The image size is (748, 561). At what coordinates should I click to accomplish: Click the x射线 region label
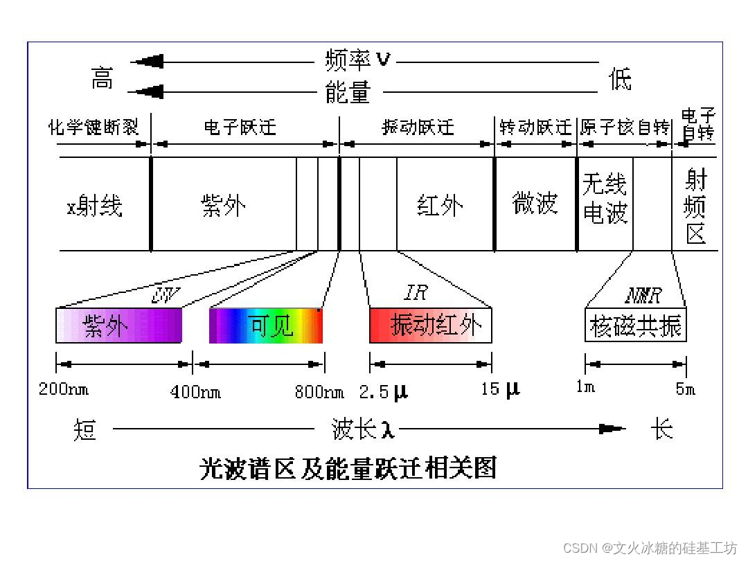point(94,206)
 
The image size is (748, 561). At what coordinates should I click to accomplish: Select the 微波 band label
point(535,204)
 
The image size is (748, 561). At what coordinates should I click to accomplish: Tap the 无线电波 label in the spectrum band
point(605,199)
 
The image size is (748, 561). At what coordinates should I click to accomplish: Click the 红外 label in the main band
point(440,206)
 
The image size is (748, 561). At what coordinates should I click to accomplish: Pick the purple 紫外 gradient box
point(118,326)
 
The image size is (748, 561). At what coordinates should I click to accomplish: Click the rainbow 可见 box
point(266,326)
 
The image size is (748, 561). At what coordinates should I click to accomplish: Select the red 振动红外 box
point(430,326)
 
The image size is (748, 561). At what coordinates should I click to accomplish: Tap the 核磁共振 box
point(635,326)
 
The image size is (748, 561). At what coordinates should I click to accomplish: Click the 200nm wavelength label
point(64,389)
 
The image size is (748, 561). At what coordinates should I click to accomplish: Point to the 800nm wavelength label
point(319,392)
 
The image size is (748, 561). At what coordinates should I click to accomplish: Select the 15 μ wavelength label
point(500,389)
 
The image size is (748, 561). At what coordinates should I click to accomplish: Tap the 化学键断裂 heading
point(93,127)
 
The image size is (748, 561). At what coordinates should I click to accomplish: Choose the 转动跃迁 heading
point(536,127)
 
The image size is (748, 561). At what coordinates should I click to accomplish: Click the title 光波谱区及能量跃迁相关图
point(348,469)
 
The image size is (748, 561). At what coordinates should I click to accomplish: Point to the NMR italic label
point(643,296)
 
